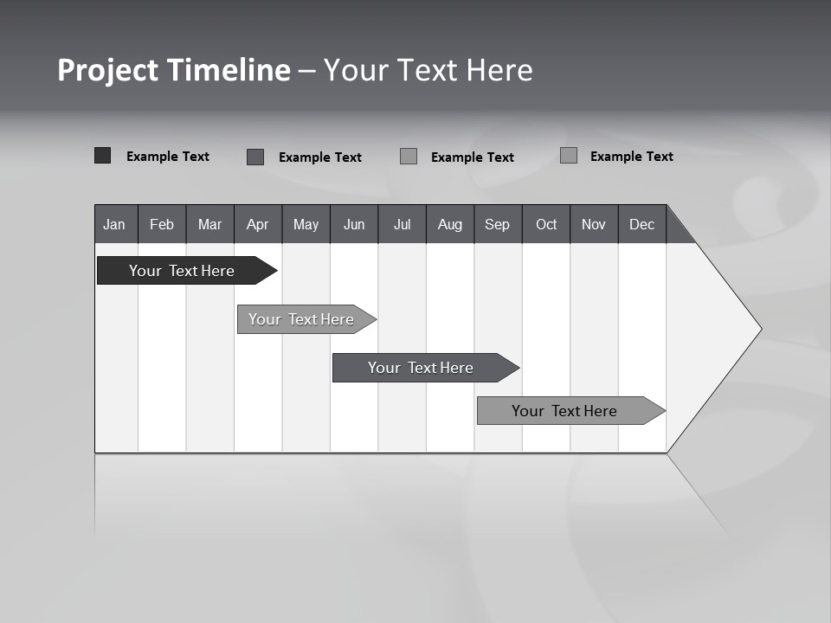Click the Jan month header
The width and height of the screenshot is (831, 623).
115,224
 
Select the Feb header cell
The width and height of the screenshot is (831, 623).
162,224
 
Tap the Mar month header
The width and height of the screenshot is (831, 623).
209,224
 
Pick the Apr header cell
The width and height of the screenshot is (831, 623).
258,224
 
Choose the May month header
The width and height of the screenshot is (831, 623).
306,224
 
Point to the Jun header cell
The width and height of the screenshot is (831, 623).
354,224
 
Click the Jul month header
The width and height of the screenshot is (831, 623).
402,224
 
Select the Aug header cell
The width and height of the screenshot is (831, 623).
450,224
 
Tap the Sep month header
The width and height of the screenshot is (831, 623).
498,224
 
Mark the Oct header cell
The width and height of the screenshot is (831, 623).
546,224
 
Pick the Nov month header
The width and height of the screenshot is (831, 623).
594,224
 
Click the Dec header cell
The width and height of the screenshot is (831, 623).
642,224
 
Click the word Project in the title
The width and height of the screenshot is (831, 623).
108,70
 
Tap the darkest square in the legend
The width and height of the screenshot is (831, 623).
102,156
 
